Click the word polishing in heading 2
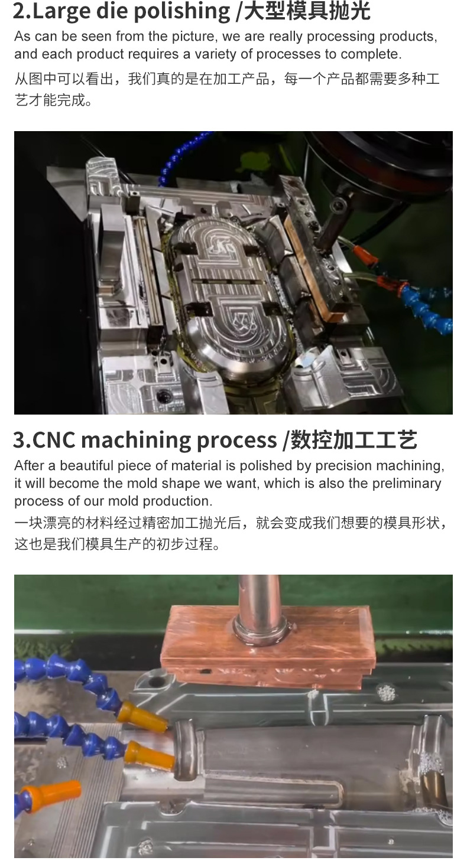(x=182, y=11)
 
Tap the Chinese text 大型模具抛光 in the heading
(x=307, y=11)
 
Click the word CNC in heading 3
(x=54, y=439)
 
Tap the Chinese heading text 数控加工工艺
(x=354, y=440)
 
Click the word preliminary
(x=407, y=483)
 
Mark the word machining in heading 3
(x=136, y=440)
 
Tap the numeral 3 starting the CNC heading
(x=18, y=440)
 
